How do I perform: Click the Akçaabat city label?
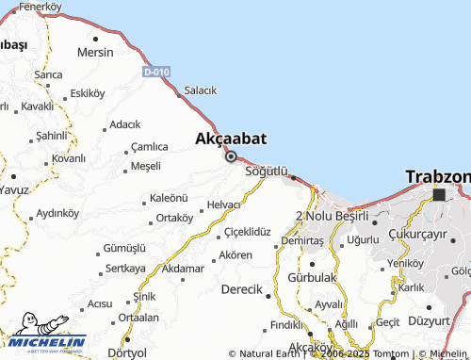[x=231, y=139]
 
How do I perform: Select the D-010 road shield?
[x=156, y=73]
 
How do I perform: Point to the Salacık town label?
[x=201, y=90]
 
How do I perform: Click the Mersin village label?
[x=96, y=53]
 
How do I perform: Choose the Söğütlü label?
[x=266, y=172]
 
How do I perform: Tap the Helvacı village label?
[x=224, y=205]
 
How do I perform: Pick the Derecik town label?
[x=241, y=289]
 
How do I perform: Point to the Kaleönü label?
[x=170, y=199]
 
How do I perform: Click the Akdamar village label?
[x=183, y=269]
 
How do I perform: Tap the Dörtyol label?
[x=128, y=352]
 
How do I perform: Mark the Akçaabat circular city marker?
[x=231, y=156]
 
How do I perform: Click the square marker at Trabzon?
[x=439, y=195]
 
